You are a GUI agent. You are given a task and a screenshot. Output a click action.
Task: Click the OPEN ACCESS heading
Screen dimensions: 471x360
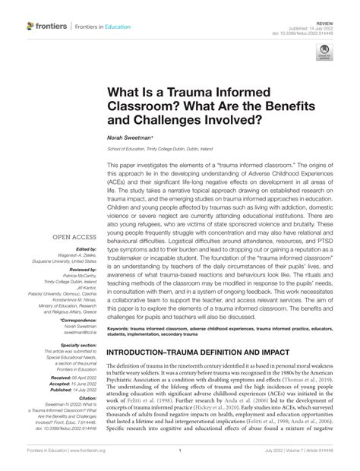tap(72, 215)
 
